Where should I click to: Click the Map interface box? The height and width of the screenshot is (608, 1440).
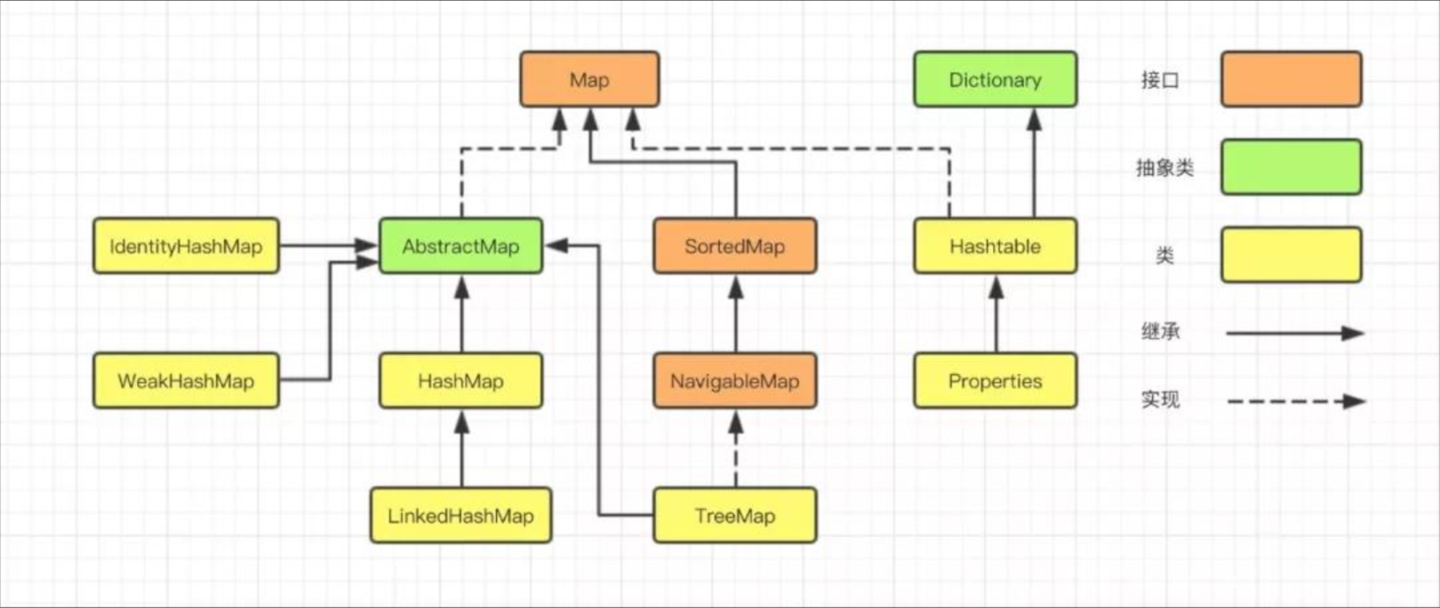tap(589, 80)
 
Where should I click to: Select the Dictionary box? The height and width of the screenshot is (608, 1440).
tap(995, 80)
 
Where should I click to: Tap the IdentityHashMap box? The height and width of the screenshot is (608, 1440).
tap(186, 246)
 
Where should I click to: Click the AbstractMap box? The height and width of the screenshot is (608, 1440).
tap(460, 246)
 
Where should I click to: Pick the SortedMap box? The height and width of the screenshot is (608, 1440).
tap(734, 246)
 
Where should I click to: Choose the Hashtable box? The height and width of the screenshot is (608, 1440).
tap(995, 246)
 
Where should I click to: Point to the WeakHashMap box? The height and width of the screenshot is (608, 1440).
tap(186, 381)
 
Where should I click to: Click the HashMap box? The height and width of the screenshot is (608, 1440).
tap(460, 381)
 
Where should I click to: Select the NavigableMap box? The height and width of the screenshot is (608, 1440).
tap(734, 381)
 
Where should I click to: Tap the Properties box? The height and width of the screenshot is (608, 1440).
tap(995, 381)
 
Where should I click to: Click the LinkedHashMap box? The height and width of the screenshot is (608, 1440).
tap(460, 516)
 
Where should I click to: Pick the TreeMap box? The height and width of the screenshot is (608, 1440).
tap(734, 516)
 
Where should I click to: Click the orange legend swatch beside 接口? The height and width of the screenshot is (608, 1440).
tap(1291, 80)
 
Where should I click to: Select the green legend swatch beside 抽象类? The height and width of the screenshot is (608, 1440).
tap(1291, 167)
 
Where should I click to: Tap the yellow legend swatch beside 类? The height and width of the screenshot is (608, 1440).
tap(1291, 255)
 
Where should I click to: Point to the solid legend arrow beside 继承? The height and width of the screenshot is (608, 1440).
tap(1293, 333)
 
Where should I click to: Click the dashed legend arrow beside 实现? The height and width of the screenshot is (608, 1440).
tap(1293, 401)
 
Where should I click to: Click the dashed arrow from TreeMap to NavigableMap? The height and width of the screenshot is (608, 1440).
tap(735, 449)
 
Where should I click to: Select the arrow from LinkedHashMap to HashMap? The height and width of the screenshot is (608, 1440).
tap(461, 449)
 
